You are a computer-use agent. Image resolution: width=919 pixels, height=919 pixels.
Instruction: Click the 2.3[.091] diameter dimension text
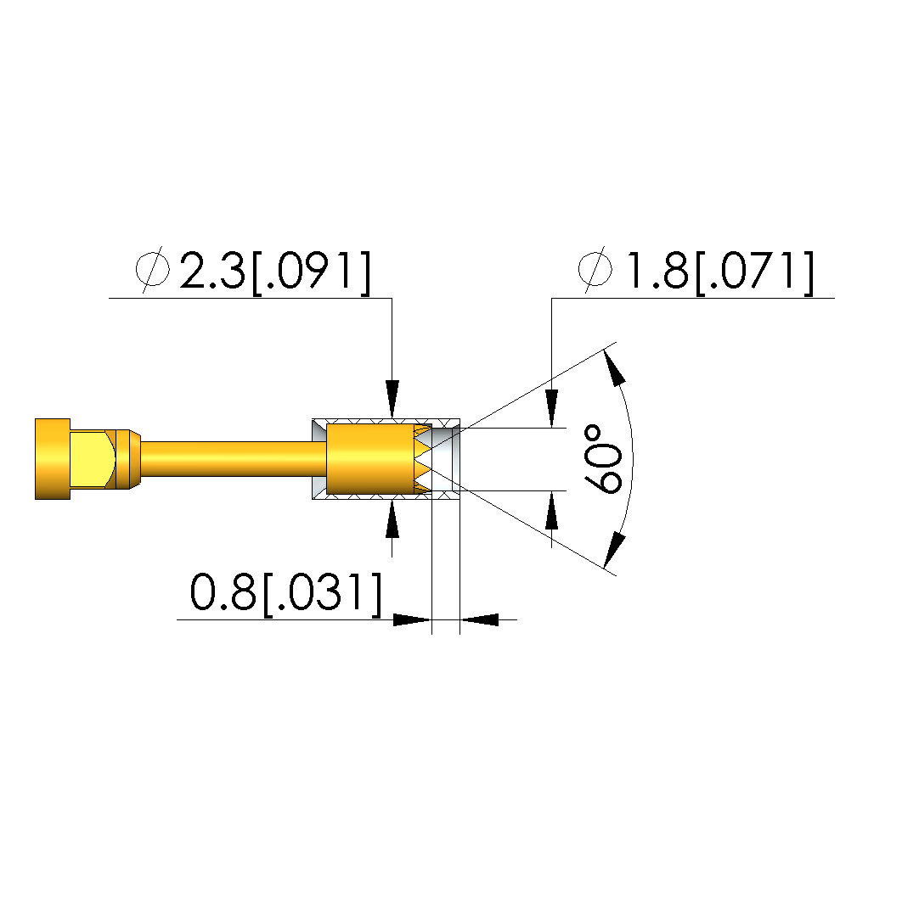pyautogui.click(x=276, y=272)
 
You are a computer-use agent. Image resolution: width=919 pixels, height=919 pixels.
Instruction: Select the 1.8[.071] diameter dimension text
pyautogui.click(x=721, y=272)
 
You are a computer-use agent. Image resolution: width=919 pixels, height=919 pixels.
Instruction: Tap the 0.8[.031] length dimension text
pyautogui.click(x=286, y=593)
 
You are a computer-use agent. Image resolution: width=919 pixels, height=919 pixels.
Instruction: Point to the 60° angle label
pyautogui.click(x=603, y=460)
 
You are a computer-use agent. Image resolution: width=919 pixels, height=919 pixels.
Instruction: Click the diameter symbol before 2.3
pyautogui.click(x=153, y=270)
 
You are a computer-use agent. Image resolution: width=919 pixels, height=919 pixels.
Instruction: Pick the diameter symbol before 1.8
pyautogui.click(x=595, y=270)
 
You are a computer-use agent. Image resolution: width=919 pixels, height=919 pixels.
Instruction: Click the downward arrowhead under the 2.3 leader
pyautogui.click(x=392, y=399)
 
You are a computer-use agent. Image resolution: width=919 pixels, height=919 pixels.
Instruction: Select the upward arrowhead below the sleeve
pyautogui.click(x=392, y=518)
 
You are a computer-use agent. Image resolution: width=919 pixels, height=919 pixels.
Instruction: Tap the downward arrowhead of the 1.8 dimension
pyautogui.click(x=551, y=408)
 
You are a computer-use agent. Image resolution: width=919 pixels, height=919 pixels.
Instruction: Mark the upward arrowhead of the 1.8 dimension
pyautogui.click(x=551, y=511)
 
